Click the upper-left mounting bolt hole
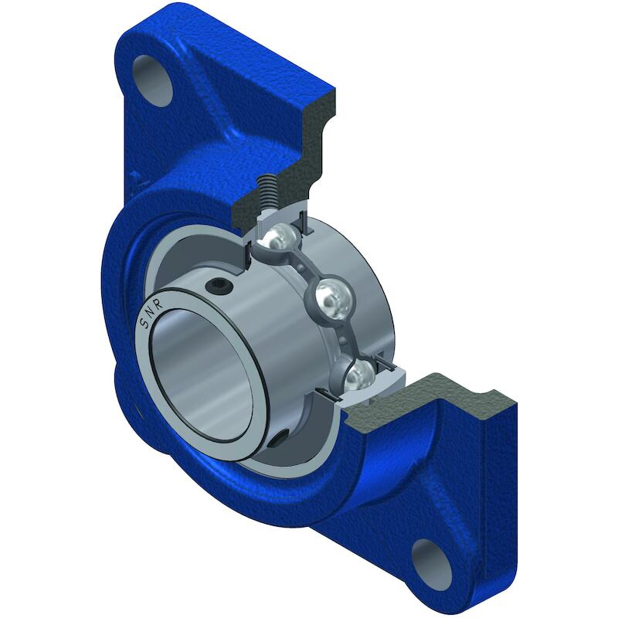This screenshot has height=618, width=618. click(153, 80)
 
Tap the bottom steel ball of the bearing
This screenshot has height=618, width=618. click(359, 376)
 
